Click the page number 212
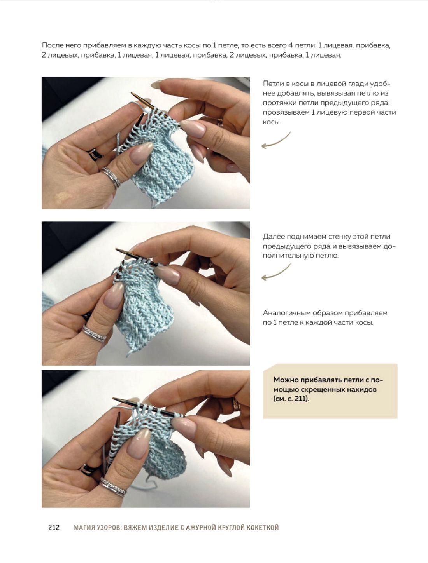pyautogui.click(x=54, y=527)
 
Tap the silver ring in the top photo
pyautogui.click(x=111, y=176)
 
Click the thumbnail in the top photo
pyautogui.click(x=140, y=153)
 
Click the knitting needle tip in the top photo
pyautogui.click(x=132, y=93)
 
